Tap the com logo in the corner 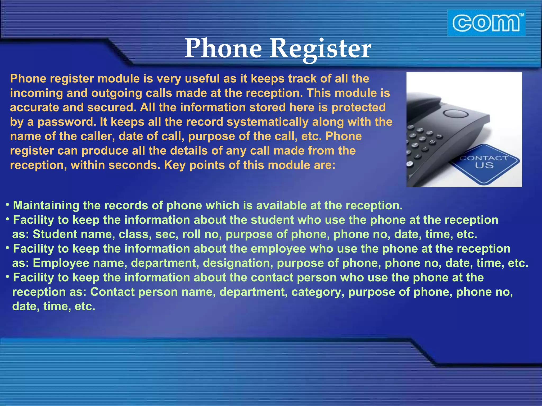(x=486, y=23)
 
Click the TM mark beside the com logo (x=521, y=15)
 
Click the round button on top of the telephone (x=455, y=114)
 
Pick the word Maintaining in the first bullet (x=46, y=206)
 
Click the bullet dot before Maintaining (x=8, y=205)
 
